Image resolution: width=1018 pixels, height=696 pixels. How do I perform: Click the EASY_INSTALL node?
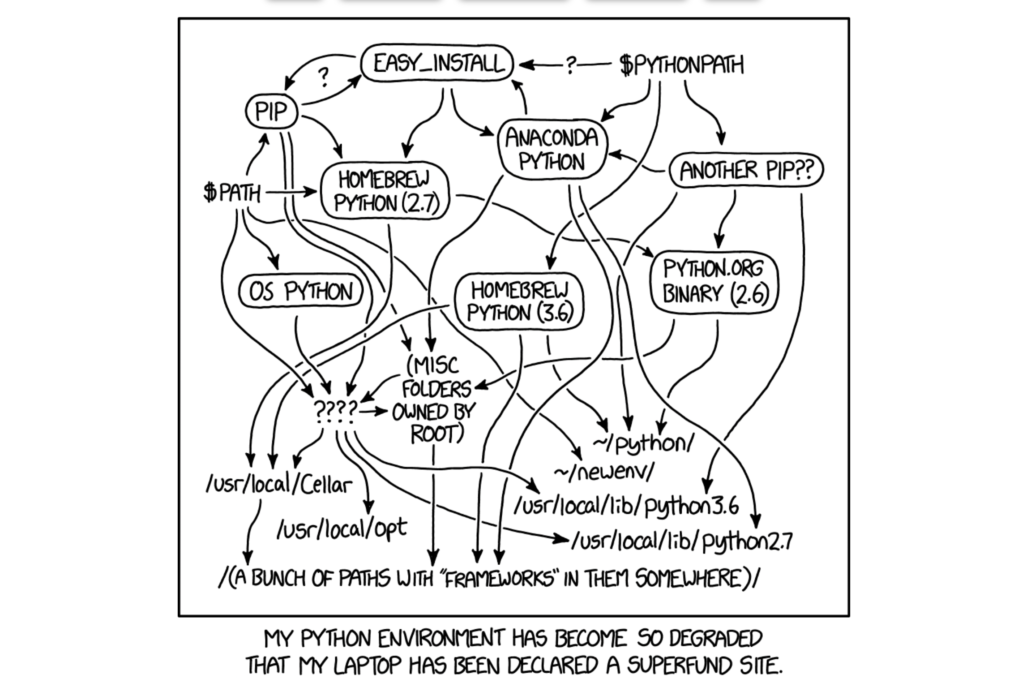coord(437,63)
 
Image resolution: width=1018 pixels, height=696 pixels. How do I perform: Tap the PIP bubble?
coord(271,111)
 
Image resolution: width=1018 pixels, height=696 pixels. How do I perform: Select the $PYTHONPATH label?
coord(681,65)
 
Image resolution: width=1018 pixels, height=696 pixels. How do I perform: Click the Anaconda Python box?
coord(552,149)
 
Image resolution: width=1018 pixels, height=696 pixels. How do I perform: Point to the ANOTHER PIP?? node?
coord(746,170)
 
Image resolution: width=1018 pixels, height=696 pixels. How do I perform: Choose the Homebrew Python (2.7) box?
coord(385,191)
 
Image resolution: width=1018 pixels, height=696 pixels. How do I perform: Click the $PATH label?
coord(231,193)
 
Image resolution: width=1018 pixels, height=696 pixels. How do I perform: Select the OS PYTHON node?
coord(300,292)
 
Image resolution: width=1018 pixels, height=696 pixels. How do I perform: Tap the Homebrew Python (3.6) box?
coord(519,301)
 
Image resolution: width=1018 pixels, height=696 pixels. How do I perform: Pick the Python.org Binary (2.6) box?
coord(715,281)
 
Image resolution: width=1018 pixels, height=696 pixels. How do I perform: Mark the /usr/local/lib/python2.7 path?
coord(681,541)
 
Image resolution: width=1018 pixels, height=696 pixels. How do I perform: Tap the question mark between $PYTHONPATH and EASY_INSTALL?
coord(570,65)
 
